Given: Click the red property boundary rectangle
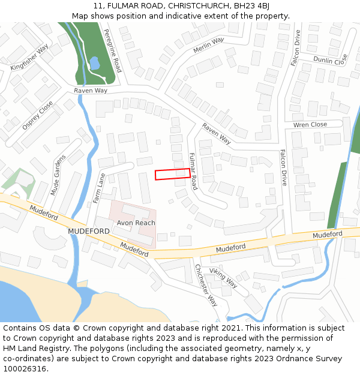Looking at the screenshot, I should tap(173, 174).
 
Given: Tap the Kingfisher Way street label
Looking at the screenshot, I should tap(29, 58).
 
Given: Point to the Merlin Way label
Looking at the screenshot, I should tap(208, 45).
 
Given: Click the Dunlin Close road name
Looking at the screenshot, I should tap(330, 59).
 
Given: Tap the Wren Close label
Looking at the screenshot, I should tap(310, 125).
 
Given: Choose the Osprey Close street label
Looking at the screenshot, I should tap(37, 115).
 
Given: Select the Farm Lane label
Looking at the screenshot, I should tap(100, 188).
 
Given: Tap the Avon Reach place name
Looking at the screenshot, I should tap(136, 223).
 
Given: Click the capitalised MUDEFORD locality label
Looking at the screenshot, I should tap(89, 231).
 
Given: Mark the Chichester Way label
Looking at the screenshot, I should tap(205, 285).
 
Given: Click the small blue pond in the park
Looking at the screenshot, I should tap(94, 62).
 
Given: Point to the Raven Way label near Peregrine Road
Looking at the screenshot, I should tap(91, 91).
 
